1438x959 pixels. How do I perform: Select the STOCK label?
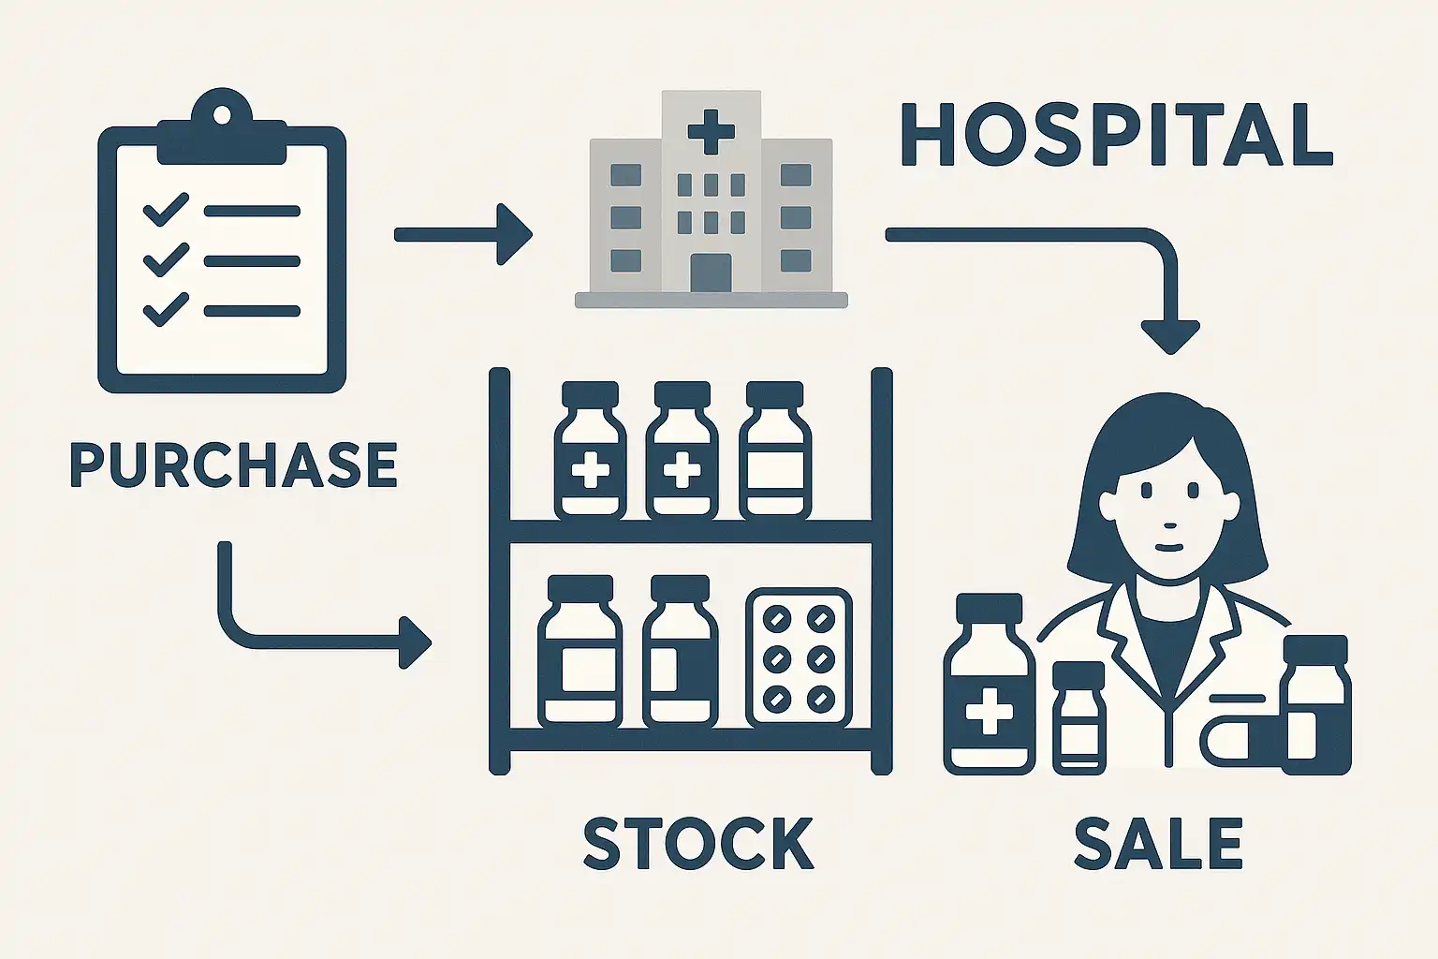coord(698,843)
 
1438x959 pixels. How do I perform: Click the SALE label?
coord(1158,843)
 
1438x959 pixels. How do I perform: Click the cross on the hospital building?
coord(711,131)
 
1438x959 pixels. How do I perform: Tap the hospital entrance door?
coord(711,273)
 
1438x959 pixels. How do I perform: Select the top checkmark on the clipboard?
coord(166,210)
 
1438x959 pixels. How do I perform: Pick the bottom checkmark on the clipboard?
coord(166,310)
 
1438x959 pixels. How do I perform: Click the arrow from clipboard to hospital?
coord(463,234)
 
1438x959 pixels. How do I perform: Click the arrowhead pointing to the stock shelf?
coord(415,643)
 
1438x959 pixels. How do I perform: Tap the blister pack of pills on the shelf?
coord(799,657)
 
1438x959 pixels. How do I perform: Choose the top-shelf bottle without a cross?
coord(775,450)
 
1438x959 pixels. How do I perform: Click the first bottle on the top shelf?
coord(590,450)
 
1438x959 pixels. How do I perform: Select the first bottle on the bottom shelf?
coord(580,651)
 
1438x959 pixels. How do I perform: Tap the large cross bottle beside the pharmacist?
coord(990,684)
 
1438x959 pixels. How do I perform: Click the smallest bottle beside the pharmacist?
coord(1079,717)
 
